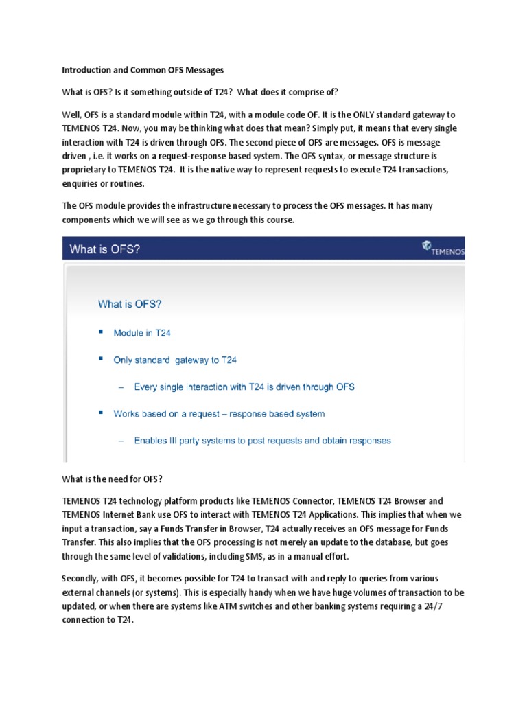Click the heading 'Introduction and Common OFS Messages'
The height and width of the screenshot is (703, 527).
coord(143,70)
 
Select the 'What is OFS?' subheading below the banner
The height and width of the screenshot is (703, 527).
coord(130,303)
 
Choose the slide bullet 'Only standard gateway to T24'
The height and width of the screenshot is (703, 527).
coord(175,360)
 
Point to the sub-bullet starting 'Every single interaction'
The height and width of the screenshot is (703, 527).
coord(244,387)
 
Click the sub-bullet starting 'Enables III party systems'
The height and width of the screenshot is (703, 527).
coord(262,441)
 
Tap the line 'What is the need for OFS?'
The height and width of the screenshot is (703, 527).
coord(112,479)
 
